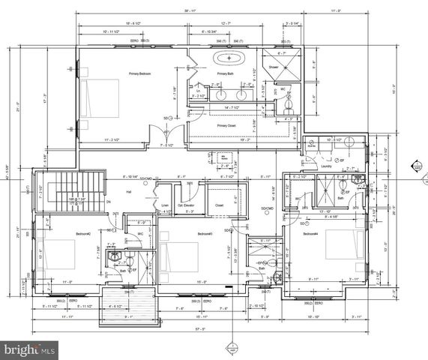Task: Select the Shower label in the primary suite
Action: [274, 67]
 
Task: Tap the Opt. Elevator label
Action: [186, 205]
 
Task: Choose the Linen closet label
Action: [165, 205]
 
